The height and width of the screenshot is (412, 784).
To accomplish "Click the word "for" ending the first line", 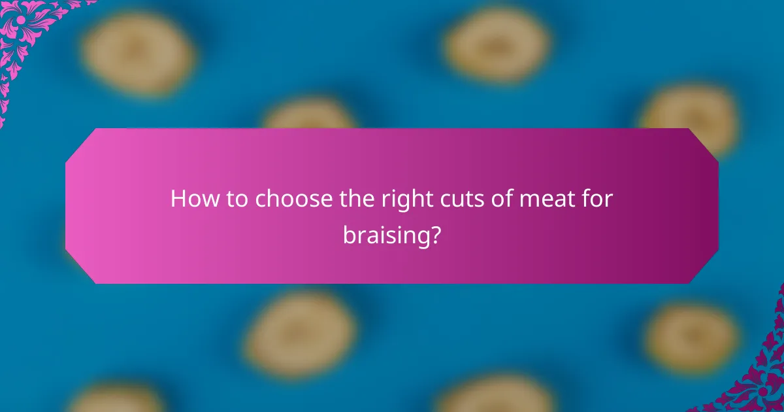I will pos(595,199).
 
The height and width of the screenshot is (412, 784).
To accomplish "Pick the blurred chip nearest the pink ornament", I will pos(138,52).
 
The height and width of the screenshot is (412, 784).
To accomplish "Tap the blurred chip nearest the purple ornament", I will pos(692,336).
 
